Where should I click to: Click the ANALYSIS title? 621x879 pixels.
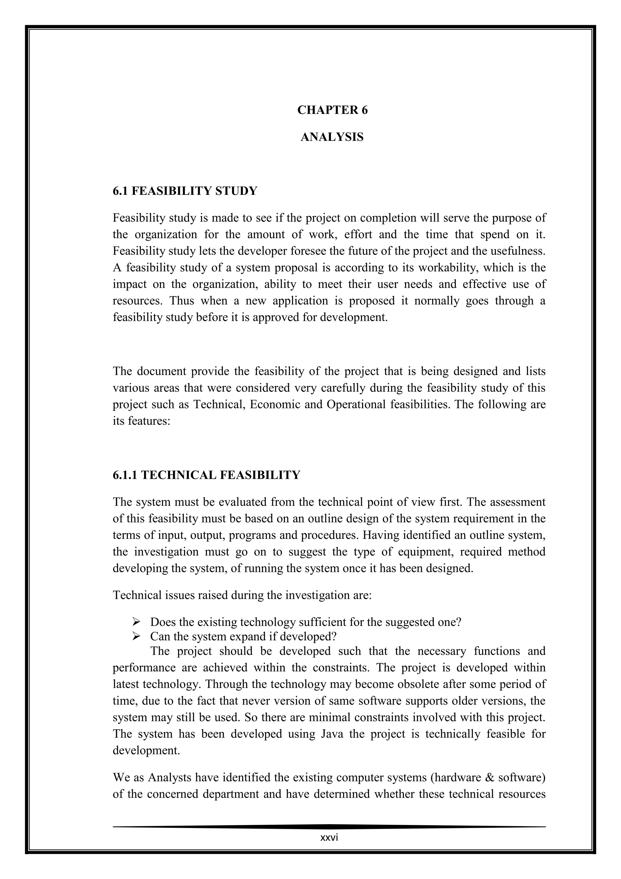click(x=332, y=137)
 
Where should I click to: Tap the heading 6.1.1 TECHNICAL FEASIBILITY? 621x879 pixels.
click(x=206, y=475)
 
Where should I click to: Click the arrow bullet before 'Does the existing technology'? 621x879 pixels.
click(x=136, y=622)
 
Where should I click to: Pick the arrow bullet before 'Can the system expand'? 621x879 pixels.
click(x=136, y=637)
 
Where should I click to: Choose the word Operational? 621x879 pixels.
click(x=356, y=405)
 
